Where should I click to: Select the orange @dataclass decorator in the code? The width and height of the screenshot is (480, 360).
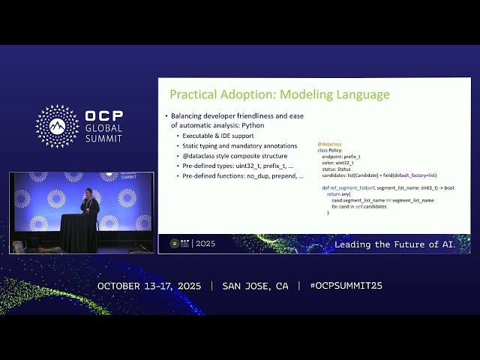pos(329,144)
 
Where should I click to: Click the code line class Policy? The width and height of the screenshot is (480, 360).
pos(332,150)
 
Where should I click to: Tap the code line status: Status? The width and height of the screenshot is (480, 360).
pos(337,169)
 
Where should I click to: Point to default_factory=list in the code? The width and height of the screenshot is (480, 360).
pos(416,175)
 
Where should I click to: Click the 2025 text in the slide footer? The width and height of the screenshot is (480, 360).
pos(205,244)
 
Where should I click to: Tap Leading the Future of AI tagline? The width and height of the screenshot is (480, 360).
pos(394,244)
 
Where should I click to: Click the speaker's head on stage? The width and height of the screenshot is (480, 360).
pos(88,193)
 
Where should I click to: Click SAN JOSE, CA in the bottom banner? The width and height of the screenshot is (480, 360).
pos(255,286)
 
